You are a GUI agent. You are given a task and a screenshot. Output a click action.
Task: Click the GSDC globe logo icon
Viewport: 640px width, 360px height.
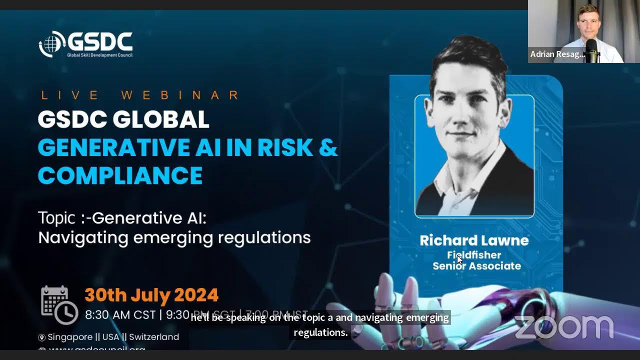coord(52,44)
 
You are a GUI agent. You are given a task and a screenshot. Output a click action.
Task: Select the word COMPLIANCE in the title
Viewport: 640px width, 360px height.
coord(120,175)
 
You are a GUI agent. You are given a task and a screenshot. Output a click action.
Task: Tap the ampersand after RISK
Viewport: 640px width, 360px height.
coord(327,147)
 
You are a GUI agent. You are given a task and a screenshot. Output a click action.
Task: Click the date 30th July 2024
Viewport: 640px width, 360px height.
coord(151,295)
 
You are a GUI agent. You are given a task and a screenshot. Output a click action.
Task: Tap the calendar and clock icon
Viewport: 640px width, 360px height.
coord(58,304)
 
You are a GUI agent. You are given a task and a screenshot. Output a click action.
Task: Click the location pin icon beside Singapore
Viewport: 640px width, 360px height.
coord(42,337)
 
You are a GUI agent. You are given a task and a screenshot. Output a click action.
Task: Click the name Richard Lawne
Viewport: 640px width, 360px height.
coord(474,240)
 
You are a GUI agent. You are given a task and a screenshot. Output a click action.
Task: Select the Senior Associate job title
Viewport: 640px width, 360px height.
coord(476,266)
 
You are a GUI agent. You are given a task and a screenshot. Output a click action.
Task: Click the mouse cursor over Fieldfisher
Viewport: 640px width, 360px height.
coord(459,259)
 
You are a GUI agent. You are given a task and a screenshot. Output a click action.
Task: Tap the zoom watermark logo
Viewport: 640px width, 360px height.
coord(563,327)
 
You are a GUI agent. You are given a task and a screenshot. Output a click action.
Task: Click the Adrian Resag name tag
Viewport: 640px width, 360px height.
coord(556,54)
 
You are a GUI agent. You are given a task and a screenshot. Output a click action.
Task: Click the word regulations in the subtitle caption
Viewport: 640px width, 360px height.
coord(320,332)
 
